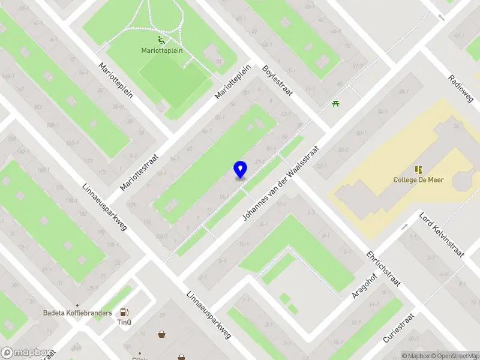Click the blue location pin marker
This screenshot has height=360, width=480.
(x=240, y=169)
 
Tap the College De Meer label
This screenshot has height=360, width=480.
(x=418, y=179)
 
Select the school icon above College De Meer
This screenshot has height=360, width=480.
(x=418, y=170)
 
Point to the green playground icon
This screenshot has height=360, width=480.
(x=161, y=41)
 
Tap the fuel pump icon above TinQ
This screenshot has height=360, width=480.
(x=124, y=312)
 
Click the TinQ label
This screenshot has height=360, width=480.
(x=124, y=322)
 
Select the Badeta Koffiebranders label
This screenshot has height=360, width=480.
(x=77, y=313)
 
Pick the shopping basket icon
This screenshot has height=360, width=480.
(x=162, y=334)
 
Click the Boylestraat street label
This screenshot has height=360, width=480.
(x=277, y=80)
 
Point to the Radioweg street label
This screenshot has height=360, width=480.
(x=461, y=88)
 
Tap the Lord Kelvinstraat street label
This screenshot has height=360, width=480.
(x=442, y=235)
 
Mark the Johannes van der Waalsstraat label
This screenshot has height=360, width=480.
(x=281, y=183)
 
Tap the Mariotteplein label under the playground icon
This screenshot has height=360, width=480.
(x=161, y=50)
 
